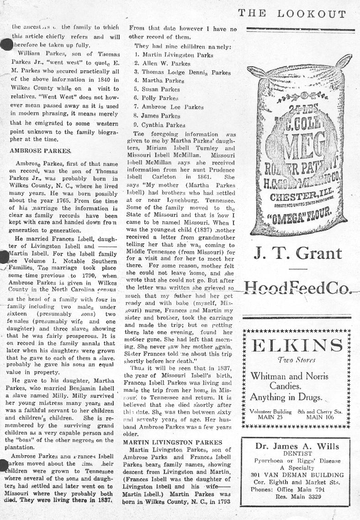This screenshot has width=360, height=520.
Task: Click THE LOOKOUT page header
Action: click(x=291, y=14)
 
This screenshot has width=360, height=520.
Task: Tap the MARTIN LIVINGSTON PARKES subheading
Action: click(x=173, y=442)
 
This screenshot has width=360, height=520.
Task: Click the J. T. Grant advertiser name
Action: click(x=297, y=253)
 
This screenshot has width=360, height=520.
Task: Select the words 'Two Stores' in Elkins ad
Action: click(x=296, y=360)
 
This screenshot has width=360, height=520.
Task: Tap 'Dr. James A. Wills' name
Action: click(x=297, y=446)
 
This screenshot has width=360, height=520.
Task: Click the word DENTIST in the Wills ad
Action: click(x=297, y=454)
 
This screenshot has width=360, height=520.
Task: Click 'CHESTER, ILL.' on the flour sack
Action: click(x=296, y=197)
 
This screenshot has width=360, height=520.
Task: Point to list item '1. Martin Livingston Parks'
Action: click(x=174, y=55)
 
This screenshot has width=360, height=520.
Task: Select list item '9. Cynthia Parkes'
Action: click(x=159, y=125)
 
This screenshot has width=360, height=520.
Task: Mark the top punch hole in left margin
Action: click(x=6, y=44)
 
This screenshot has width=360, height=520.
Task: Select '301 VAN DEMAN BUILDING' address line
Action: click(x=297, y=475)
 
